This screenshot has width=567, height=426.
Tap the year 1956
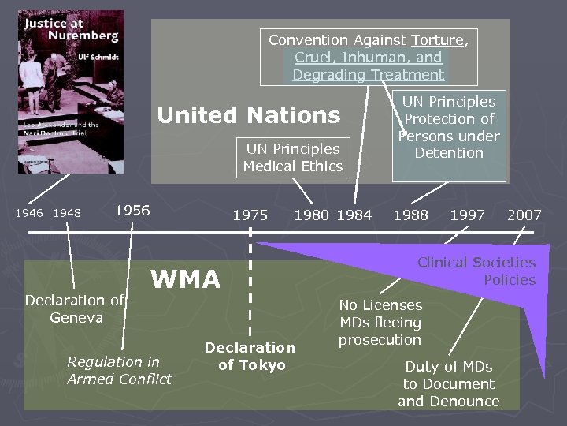(132, 210)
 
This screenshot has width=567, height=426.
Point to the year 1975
(250, 215)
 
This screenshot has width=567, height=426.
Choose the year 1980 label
(312, 215)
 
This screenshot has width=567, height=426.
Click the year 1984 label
(354, 215)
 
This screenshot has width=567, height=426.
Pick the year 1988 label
(411, 215)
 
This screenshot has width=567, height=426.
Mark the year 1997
(467, 215)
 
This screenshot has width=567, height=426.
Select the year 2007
(524, 215)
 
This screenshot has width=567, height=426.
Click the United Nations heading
(249, 115)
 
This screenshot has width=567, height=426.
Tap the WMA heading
(186, 278)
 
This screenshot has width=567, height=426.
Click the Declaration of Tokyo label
(250, 356)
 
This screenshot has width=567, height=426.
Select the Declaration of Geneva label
(76, 308)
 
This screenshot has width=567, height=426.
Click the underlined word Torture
(437, 39)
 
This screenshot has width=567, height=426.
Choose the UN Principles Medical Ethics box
(292, 157)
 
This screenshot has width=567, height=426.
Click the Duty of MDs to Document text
(449, 383)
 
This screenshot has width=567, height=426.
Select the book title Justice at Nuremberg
(71, 29)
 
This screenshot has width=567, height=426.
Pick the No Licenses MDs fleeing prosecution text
(380, 322)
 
